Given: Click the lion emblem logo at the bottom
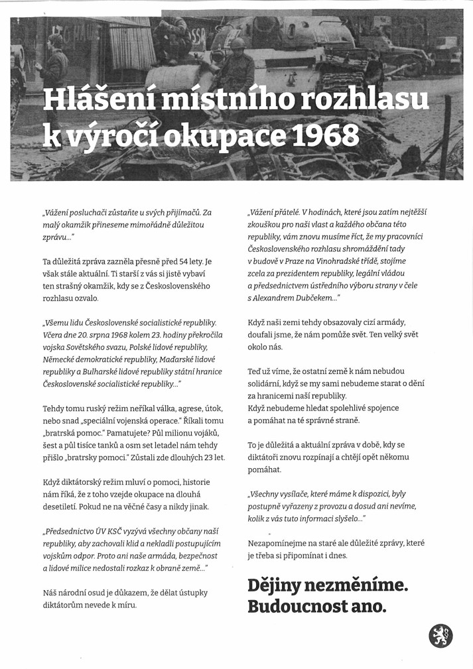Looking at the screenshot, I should [x=440, y=636].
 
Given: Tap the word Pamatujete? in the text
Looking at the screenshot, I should [x=124, y=433].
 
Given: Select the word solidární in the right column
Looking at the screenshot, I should [x=267, y=383].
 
